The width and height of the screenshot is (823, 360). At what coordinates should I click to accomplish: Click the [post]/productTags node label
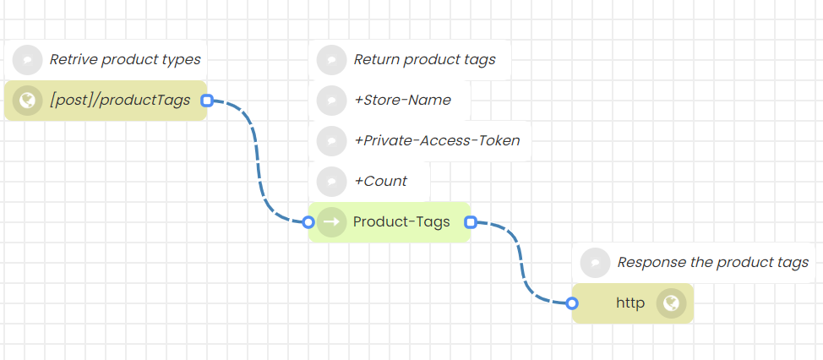pyautogui.click(x=120, y=101)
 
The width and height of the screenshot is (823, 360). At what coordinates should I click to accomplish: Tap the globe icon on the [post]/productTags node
pyautogui.click(x=28, y=101)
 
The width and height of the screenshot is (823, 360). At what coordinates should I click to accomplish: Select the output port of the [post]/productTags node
pyautogui.click(x=207, y=101)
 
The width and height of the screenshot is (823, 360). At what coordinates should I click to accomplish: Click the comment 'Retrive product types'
pyautogui.click(x=125, y=59)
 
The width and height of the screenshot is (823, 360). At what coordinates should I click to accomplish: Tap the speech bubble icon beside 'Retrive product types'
pyautogui.click(x=28, y=59)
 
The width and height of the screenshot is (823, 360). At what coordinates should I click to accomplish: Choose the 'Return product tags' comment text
pyautogui.click(x=424, y=59)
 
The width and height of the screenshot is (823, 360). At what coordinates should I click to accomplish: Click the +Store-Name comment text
pyautogui.click(x=402, y=100)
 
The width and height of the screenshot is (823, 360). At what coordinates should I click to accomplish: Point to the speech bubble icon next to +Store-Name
pyautogui.click(x=332, y=100)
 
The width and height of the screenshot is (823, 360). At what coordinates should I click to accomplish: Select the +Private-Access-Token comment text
pyautogui.click(x=437, y=140)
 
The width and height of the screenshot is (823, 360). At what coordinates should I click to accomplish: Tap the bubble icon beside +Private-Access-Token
pyautogui.click(x=332, y=140)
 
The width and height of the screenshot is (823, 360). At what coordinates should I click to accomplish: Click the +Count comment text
pyautogui.click(x=380, y=181)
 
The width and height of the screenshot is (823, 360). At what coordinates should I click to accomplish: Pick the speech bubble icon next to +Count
pyautogui.click(x=332, y=181)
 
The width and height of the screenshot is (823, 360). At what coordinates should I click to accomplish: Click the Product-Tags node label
pyautogui.click(x=401, y=221)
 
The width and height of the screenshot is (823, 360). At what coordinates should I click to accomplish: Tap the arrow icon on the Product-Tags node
pyautogui.click(x=332, y=221)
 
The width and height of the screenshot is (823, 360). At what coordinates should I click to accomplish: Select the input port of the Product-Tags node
pyautogui.click(x=308, y=222)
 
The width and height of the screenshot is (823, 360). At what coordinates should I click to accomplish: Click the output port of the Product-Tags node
pyautogui.click(x=471, y=222)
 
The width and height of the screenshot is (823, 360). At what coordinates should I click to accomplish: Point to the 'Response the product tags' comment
pyautogui.click(x=713, y=262)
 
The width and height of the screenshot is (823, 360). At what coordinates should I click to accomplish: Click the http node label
pyautogui.click(x=630, y=303)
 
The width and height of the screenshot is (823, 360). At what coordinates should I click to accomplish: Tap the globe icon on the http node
pyautogui.click(x=672, y=303)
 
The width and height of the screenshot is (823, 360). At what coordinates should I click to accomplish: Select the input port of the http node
pyautogui.click(x=572, y=303)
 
